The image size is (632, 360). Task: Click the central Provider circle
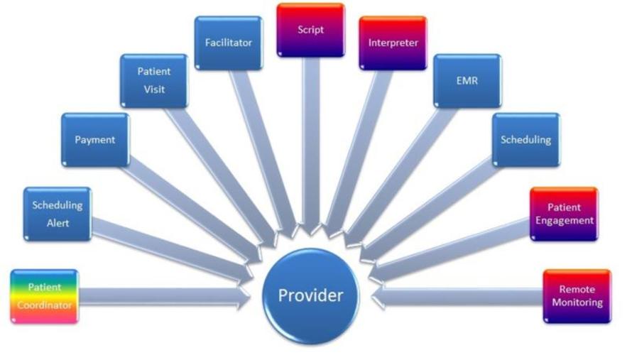[310, 296]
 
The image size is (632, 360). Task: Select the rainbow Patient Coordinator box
[44, 296]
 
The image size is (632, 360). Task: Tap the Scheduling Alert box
[58, 214]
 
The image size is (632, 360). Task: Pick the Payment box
[95, 140]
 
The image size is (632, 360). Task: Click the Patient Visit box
[154, 81]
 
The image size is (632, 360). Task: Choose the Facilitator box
[229, 43]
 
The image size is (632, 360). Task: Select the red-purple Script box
[311, 31]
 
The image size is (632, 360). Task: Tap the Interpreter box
[393, 43]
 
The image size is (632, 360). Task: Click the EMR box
[467, 81]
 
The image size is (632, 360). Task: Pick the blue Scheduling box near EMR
[526, 140]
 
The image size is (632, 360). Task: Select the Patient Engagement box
[565, 214]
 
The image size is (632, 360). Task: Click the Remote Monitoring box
[577, 296]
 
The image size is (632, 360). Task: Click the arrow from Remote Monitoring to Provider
[457, 298]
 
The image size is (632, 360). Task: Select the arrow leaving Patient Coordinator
[165, 298]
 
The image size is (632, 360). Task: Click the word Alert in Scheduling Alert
[58, 223]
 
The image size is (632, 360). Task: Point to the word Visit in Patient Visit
[154, 89]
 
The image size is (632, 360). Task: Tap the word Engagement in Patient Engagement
[565, 221]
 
